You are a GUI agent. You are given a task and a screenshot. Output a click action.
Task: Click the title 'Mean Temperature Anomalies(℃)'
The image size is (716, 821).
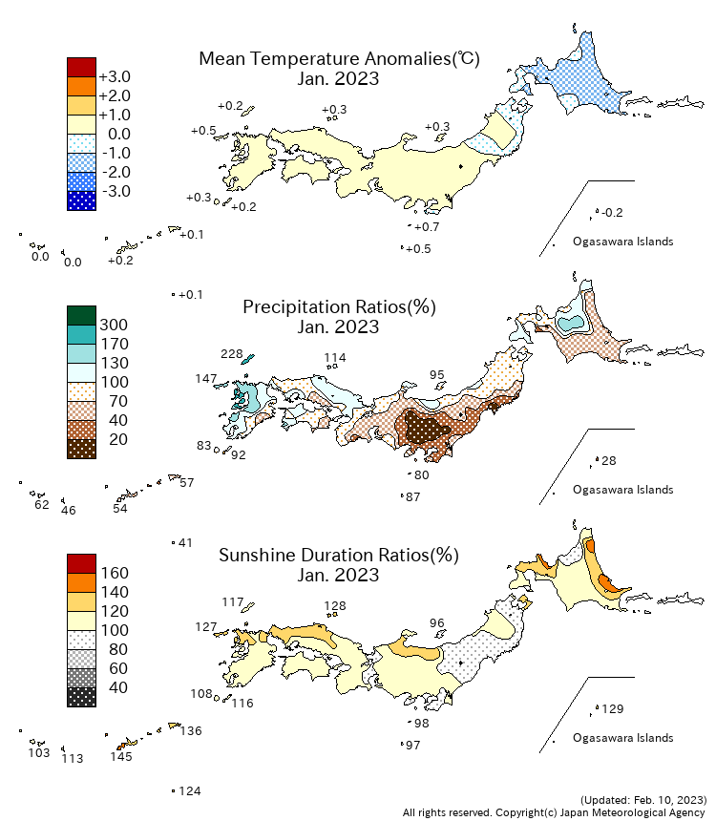[339, 59]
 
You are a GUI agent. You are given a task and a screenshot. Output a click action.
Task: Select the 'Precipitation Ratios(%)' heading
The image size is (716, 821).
[339, 307]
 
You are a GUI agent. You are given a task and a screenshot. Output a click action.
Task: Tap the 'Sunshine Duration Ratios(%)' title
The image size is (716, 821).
[339, 556]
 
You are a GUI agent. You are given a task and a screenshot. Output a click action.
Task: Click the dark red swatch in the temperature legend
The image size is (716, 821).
[81, 67]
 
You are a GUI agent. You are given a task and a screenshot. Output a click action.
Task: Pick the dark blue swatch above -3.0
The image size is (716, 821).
[81, 200]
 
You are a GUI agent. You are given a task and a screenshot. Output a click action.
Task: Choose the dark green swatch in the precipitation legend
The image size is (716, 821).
[81, 315]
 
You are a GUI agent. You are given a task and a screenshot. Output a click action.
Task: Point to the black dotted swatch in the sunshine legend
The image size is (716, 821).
[81, 697]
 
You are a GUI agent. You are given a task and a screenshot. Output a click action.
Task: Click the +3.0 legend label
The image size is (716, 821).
[115, 77]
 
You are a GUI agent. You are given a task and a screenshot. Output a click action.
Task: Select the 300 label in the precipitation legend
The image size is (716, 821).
[114, 326]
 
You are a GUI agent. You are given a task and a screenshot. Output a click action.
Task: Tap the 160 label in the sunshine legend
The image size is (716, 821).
[114, 574]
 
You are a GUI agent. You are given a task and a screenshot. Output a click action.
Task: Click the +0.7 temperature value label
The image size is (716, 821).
[427, 227]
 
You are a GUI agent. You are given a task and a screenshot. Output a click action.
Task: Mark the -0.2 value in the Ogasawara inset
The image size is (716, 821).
[612, 212]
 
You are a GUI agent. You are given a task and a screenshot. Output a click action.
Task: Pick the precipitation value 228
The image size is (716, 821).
[232, 354]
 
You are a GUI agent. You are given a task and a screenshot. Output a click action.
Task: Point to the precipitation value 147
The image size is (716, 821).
[206, 379]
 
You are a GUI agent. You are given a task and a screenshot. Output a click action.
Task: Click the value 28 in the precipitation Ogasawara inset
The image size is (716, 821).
[609, 461]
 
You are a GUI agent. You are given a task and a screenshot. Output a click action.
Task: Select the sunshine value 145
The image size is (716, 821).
[120, 757]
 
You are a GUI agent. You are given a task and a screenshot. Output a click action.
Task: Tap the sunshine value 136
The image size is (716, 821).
[190, 731]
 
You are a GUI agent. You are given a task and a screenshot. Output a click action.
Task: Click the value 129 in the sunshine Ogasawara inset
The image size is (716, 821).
[612, 709]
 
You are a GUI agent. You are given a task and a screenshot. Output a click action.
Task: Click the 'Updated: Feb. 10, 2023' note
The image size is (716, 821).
[642, 798]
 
